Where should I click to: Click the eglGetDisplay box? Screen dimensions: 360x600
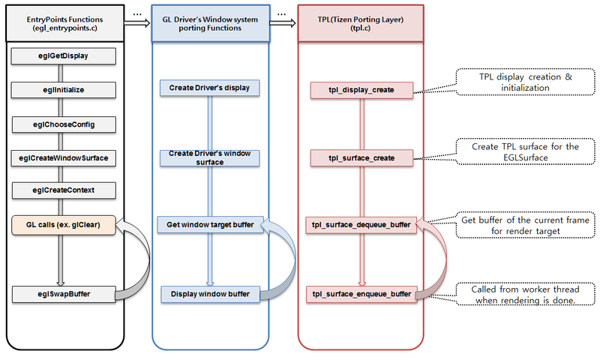pyautogui.click(x=64, y=55)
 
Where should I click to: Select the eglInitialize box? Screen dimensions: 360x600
pyautogui.click(x=64, y=89)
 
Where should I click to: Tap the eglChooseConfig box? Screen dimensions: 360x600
pyautogui.click(x=64, y=123)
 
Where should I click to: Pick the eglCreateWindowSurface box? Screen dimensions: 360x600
pyautogui.click(x=64, y=157)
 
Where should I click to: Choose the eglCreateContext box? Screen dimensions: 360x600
pyautogui.click(x=64, y=190)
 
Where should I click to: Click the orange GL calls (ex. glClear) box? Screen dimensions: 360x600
pyautogui.click(x=64, y=224)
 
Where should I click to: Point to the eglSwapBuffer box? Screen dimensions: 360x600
pyautogui.click(x=64, y=293)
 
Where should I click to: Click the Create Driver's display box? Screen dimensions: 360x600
pyautogui.click(x=209, y=89)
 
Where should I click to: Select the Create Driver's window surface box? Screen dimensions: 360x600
pyautogui.click(x=209, y=157)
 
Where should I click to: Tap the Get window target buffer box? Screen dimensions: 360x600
pyautogui.click(x=209, y=224)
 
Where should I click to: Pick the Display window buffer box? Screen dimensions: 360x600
pyautogui.click(x=209, y=293)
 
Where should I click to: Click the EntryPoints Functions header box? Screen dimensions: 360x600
pyautogui.click(x=64, y=23)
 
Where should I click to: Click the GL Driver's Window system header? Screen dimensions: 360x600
pyautogui.click(x=209, y=23)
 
